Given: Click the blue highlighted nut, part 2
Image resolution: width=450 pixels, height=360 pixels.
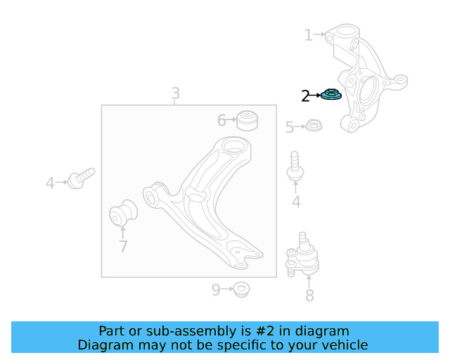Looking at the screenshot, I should (330, 94).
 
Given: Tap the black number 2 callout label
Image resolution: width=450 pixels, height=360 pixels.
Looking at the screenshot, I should (305, 96).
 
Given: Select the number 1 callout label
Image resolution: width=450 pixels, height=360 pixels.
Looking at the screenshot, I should (308, 34).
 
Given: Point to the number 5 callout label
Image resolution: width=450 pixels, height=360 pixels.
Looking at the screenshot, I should (289, 127).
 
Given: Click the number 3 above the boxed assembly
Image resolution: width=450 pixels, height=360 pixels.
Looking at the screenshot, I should (175, 94).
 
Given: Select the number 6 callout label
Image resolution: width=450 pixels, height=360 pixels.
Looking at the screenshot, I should (221, 121).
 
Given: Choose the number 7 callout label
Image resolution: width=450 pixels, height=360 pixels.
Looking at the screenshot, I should (123, 247).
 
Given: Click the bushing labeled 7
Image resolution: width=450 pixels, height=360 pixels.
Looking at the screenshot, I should (124, 214).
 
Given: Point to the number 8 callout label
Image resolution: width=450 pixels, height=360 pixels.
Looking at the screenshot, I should (309, 295).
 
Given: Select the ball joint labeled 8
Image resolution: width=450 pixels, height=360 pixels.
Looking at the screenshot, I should (302, 257).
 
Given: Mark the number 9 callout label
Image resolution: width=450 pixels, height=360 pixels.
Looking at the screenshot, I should (216, 289).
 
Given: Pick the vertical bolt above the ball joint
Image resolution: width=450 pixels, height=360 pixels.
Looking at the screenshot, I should (295, 166).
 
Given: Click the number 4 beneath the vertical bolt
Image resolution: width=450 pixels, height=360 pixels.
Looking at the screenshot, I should (296, 202).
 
